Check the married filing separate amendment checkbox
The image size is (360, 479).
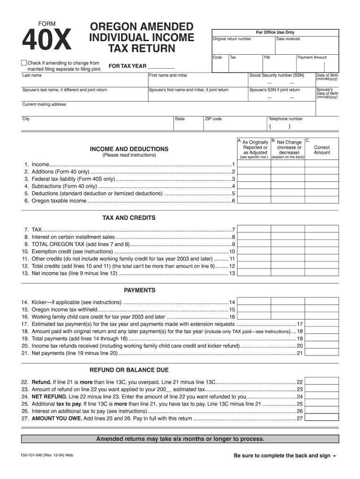coord(24,63)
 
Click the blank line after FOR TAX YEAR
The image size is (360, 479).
coord(161,66)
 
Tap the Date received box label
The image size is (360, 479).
coord(288,39)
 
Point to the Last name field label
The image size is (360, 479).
coord(32,75)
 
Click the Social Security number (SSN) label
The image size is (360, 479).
coord(277,75)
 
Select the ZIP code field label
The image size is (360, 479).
coord(213,119)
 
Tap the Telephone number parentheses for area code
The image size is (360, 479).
coord(280,126)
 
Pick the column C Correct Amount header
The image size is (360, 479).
coord(322,150)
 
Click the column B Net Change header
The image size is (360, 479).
coord(289,147)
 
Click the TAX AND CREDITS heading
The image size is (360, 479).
coord(129,218)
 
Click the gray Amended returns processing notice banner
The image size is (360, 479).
coord(180,439)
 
